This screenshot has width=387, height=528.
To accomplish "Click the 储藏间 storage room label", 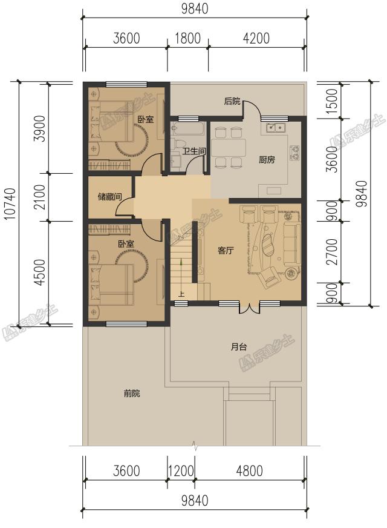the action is coord(109,196).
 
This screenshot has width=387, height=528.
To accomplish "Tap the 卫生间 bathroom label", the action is coord(193,151).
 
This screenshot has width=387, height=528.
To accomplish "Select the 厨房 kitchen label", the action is coord(267,159).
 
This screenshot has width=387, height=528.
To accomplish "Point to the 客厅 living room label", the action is coord(226,251).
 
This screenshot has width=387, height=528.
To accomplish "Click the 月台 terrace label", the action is coord(239,346).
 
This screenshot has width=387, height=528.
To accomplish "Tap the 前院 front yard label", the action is coord(132,393).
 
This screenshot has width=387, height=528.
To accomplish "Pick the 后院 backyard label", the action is coord(232,101).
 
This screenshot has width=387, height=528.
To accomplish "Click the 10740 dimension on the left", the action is coord(10,203).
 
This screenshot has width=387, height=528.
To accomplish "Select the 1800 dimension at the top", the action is coord(187,38).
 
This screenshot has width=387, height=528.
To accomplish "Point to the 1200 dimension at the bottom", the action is coord(181,470).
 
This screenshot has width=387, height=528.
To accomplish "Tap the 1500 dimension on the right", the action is coord(331,101).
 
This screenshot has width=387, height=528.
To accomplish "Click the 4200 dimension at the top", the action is coord(256,38).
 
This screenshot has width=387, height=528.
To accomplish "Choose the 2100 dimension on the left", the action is coord(39,197).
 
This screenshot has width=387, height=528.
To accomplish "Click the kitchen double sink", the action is coord(276,128).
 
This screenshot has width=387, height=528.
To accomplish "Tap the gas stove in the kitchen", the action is coord(294,152).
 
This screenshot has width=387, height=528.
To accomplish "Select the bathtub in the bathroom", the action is coord(187,128).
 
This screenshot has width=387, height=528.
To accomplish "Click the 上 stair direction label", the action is coord(181,294).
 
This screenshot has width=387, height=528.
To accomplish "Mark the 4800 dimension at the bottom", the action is coord(250,470).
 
